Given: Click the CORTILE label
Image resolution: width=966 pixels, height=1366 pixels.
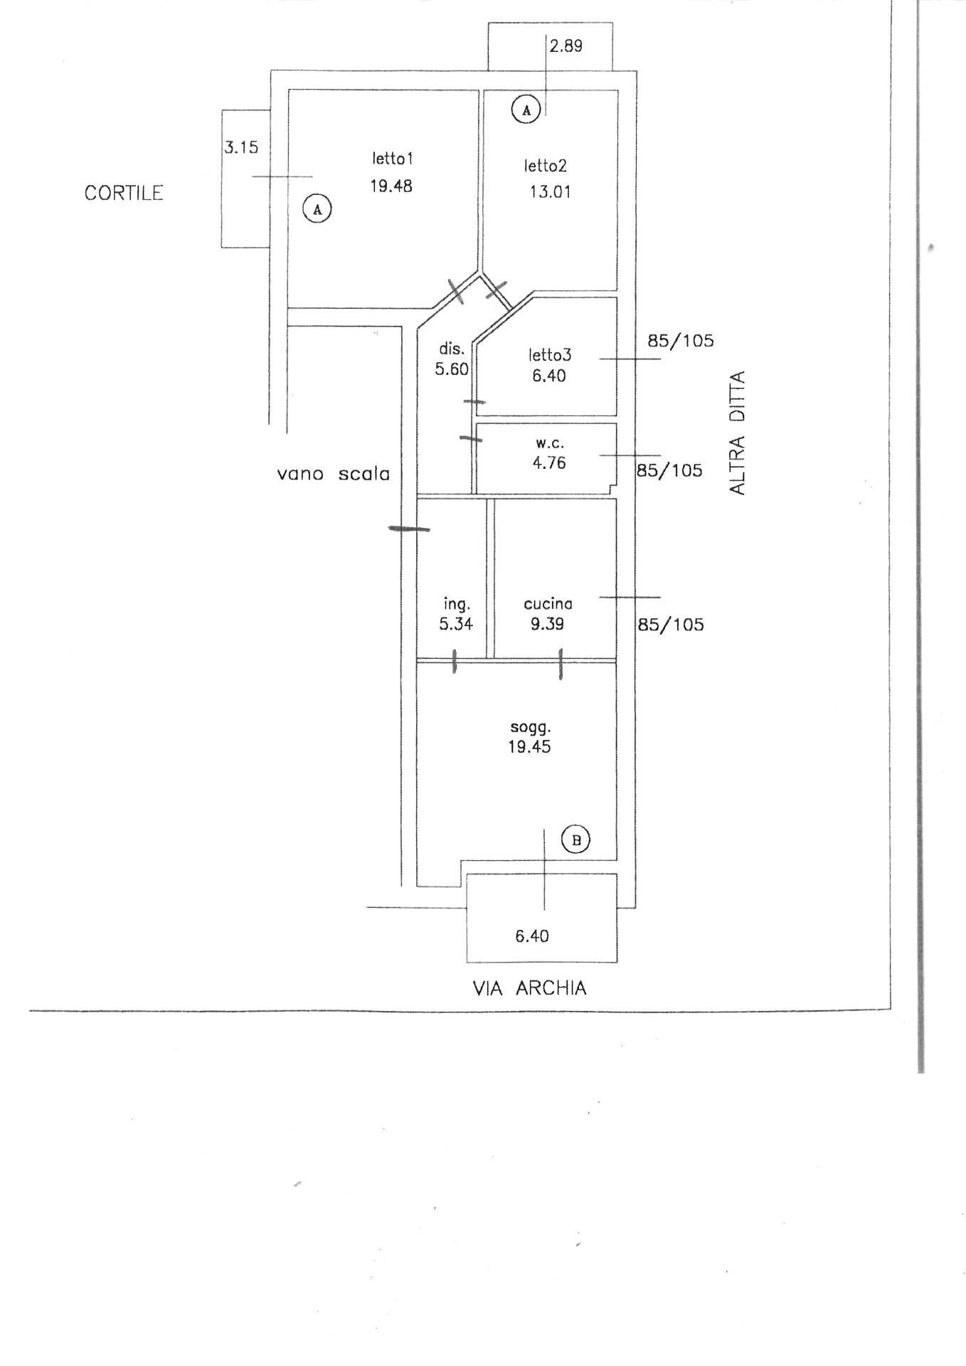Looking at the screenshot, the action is (x=124, y=193).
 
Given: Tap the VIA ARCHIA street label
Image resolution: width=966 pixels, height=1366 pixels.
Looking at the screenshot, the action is (x=530, y=988).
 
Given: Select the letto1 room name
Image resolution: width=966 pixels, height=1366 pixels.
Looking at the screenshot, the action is (x=392, y=158).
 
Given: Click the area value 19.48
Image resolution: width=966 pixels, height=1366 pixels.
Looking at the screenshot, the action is (x=391, y=186).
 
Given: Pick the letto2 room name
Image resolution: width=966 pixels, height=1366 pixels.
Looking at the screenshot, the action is (x=546, y=166).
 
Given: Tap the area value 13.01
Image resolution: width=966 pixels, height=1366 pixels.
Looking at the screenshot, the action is (x=550, y=191).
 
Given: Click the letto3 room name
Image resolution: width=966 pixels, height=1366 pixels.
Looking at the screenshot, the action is (x=550, y=354).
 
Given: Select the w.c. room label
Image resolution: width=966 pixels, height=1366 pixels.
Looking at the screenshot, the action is (x=550, y=443).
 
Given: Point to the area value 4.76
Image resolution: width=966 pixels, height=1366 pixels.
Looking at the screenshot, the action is (x=549, y=462).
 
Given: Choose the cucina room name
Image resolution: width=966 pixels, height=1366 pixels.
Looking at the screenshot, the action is (x=548, y=604).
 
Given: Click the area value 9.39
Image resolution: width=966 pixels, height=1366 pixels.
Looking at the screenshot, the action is (x=547, y=624).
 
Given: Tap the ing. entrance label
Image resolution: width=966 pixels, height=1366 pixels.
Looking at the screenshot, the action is (x=457, y=605).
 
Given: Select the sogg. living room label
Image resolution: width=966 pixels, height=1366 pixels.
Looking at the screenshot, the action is (x=531, y=728).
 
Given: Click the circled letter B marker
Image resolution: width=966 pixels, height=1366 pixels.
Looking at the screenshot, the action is (x=576, y=840).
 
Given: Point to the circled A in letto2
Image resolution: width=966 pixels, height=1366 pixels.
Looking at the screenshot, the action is (x=526, y=110).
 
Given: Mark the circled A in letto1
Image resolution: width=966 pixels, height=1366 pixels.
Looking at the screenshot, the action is (x=318, y=209).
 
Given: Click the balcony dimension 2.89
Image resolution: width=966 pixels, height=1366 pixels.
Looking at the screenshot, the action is (x=566, y=46).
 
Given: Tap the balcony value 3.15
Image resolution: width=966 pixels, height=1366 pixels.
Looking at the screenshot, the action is (x=242, y=148).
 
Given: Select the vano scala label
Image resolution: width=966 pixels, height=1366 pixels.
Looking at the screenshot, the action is (x=334, y=474).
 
